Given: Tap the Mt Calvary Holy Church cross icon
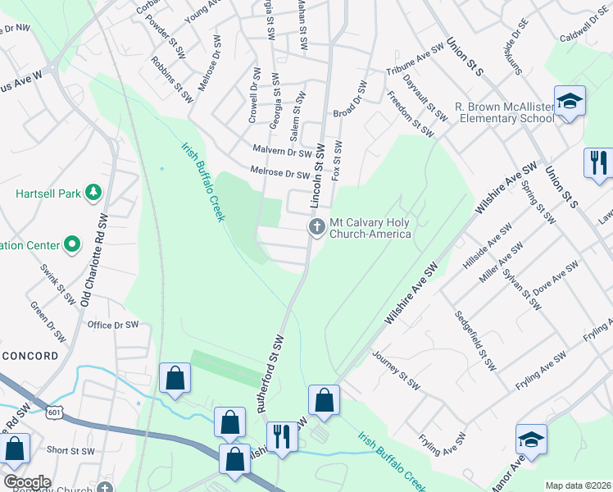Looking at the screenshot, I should coord(317,227).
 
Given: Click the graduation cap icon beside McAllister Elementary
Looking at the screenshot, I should coord(569,102).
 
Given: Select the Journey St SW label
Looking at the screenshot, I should coord(396,371).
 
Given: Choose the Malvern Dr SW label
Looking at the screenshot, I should coord(283,152).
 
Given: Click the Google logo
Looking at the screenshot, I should coord(27,482).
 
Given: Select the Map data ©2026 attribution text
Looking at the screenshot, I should coord(578,485).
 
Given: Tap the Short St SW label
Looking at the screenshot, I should coord(69,449).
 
